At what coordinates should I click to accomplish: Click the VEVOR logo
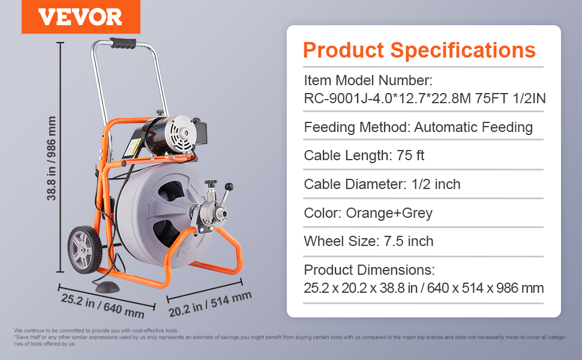(80, 17)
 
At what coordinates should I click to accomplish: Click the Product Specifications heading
(419, 50)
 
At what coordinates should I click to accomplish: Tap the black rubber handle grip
(123, 43)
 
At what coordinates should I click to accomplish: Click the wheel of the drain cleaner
(85, 250)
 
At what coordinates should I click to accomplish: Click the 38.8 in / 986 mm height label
(51, 158)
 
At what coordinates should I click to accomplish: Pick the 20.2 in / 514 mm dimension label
(210, 304)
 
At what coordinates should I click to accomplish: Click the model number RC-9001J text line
(425, 99)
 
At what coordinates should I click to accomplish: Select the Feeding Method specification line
(418, 127)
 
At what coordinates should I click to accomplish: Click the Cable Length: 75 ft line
(364, 155)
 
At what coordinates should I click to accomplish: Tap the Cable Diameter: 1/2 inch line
(382, 184)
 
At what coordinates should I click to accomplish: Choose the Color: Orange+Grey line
(368, 213)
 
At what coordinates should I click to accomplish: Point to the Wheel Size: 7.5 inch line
(368, 241)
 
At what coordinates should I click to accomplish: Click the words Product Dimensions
(370, 270)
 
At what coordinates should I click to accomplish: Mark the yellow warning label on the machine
(132, 148)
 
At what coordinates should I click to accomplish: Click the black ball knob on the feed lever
(229, 187)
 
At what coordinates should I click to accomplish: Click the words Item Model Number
(368, 80)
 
